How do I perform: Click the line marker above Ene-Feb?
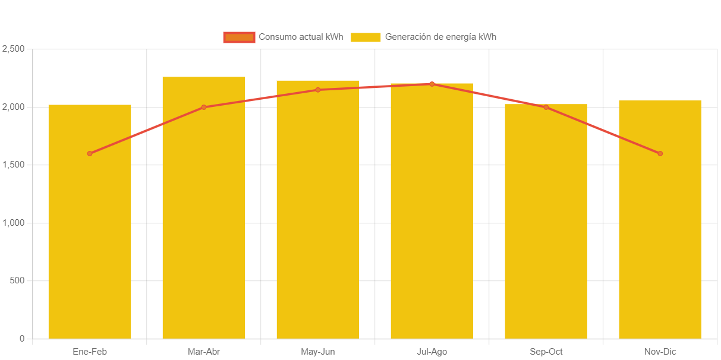[90, 153]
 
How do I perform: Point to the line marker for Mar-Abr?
[204, 107]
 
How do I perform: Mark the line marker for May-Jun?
[318, 90]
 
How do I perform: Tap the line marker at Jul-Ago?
[432, 84]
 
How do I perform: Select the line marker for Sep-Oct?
[546, 107]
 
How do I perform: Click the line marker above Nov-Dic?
[660, 153]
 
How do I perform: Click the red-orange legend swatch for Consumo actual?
[239, 37]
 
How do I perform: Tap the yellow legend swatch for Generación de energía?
[366, 37]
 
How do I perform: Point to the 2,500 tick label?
[13, 49]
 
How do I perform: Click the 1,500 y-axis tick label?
[13, 165]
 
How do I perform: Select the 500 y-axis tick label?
[17, 280]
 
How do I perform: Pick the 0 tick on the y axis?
[22, 339]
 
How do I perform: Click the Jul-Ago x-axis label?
[432, 352]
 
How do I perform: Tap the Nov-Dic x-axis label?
[660, 352]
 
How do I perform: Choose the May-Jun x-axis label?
[318, 352]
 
